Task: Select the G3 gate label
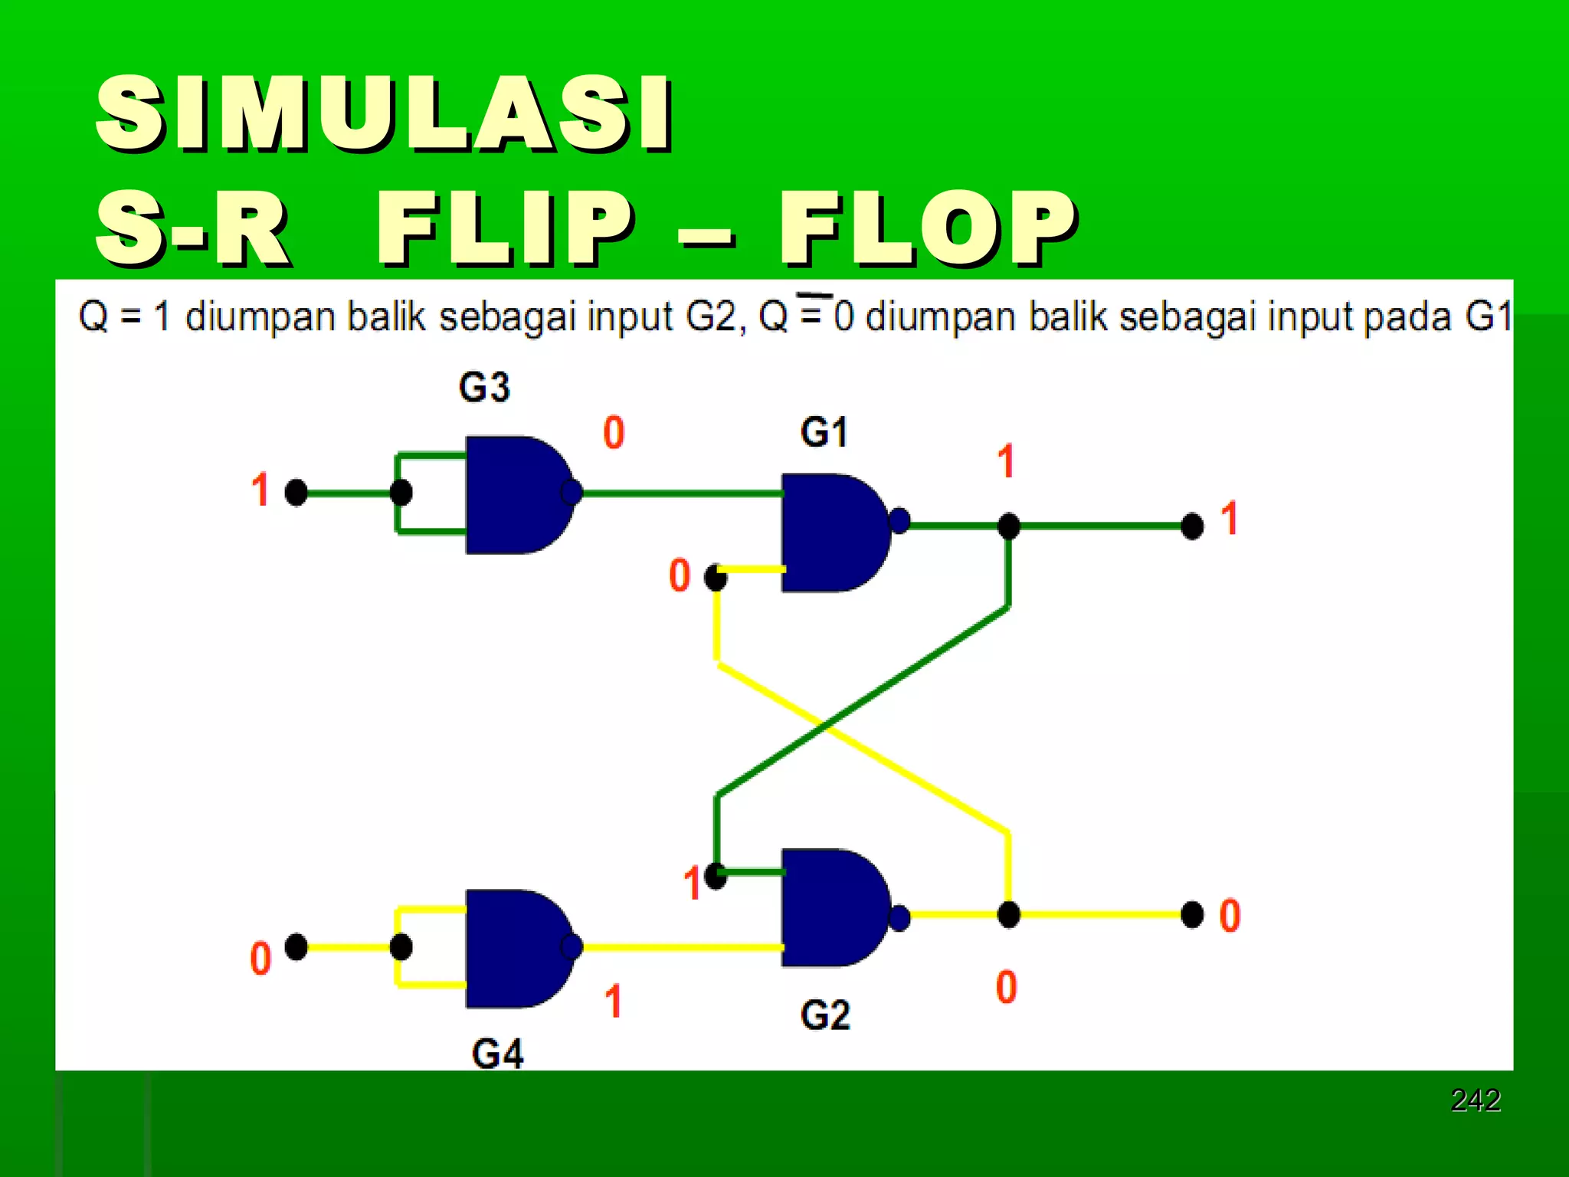click(x=484, y=387)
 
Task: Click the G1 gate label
click(x=824, y=432)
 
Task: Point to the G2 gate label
click(x=825, y=1015)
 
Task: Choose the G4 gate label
click(x=498, y=1054)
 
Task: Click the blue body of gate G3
click(x=513, y=495)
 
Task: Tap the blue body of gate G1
click(x=831, y=533)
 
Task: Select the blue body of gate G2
click(x=831, y=908)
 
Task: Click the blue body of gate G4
click(x=513, y=949)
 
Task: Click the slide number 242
click(x=1476, y=1100)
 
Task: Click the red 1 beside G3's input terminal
click(x=260, y=490)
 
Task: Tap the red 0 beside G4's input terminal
click(x=260, y=959)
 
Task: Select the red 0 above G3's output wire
click(x=614, y=432)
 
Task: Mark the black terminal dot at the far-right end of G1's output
click(x=1192, y=526)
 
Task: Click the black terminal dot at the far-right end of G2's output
click(x=1192, y=914)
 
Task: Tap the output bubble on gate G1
click(x=899, y=521)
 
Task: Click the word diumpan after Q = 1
click(x=260, y=316)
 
